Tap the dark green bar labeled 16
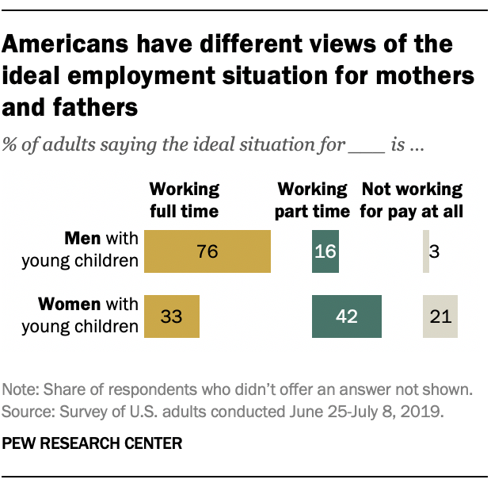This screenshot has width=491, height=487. [x=325, y=252]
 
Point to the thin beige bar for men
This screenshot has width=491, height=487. [x=426, y=252]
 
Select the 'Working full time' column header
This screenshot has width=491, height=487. [x=185, y=200]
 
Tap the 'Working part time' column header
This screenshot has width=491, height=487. [x=314, y=200]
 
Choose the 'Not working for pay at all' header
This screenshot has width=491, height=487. [x=411, y=200]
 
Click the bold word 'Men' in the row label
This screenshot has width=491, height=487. [x=80, y=239]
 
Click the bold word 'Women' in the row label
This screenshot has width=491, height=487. [x=67, y=304]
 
